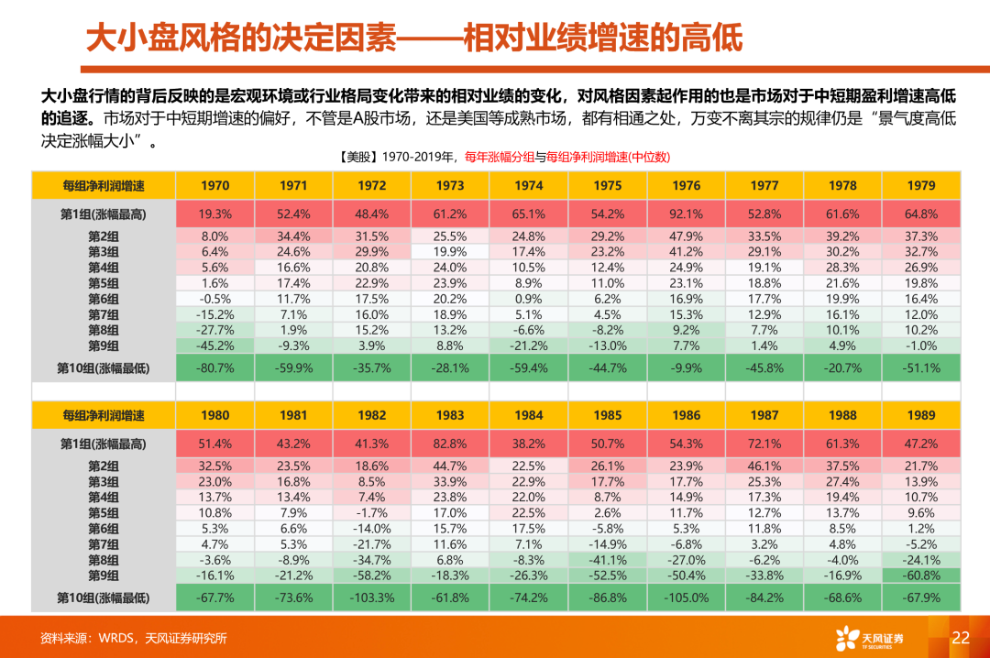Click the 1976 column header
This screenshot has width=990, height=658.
[x=686, y=185]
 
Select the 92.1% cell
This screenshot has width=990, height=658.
[x=686, y=214]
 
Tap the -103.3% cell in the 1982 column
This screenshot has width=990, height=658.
[x=372, y=598]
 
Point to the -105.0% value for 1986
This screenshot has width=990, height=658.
[x=686, y=598]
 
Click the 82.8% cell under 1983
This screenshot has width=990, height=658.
[x=450, y=444]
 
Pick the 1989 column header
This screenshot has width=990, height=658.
[x=921, y=414]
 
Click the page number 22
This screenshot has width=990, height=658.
[x=961, y=638]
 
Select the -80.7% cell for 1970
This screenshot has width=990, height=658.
[x=214, y=367]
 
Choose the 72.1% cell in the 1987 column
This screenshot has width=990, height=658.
[x=764, y=444]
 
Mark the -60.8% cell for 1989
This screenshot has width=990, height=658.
[x=921, y=576]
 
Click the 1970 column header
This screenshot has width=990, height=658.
[x=214, y=185]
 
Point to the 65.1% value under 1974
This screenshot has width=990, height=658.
[x=529, y=214]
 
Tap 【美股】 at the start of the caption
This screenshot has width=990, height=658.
[x=358, y=157]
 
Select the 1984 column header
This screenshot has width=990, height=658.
[x=529, y=414]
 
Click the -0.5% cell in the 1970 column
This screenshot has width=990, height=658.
[x=214, y=299]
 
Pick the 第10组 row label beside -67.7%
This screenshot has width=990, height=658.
[x=103, y=598]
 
